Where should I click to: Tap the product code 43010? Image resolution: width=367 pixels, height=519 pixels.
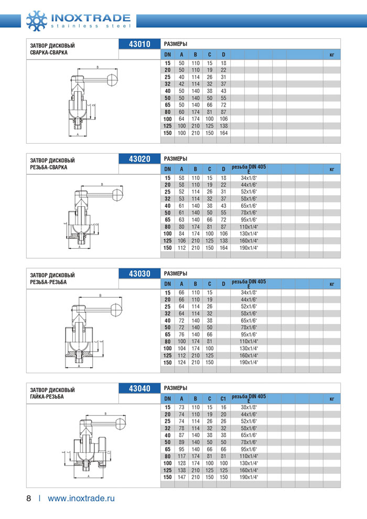(x=139, y=44)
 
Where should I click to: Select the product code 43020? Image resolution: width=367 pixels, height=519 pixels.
(x=139, y=159)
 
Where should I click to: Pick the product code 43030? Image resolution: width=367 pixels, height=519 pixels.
(x=139, y=273)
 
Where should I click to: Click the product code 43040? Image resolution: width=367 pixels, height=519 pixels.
(x=139, y=389)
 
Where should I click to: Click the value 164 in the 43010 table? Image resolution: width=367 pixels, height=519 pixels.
(x=223, y=133)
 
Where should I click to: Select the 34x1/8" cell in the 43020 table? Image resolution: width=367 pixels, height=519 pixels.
(x=249, y=178)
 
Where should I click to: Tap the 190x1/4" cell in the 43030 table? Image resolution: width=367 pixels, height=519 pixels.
(x=249, y=363)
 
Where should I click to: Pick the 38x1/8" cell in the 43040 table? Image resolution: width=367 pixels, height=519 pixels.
(x=249, y=408)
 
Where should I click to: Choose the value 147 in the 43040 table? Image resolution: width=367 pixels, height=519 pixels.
(x=181, y=478)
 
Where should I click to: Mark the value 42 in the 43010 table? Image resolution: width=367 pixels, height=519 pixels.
(x=181, y=84)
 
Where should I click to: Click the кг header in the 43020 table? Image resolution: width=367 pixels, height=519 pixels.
(x=331, y=169)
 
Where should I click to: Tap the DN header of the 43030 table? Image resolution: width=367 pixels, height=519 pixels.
(x=167, y=284)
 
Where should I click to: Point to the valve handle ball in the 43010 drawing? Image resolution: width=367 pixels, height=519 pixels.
(x=112, y=79)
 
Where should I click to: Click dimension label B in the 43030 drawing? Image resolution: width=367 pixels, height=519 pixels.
(x=100, y=295)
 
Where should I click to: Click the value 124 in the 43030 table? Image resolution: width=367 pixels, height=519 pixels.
(x=181, y=363)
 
